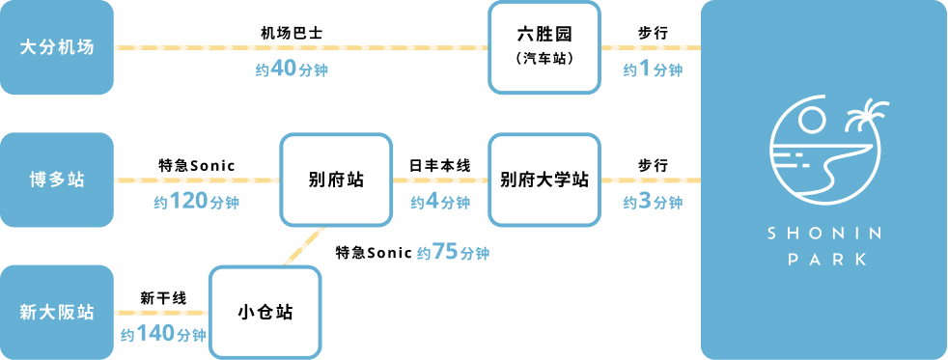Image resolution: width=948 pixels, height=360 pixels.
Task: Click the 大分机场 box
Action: [x=57, y=47]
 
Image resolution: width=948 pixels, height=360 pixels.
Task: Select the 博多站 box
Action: [x=57, y=180]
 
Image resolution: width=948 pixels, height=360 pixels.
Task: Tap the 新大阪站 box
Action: [x=57, y=312]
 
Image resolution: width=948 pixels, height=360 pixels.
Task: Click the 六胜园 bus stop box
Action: [x=544, y=47]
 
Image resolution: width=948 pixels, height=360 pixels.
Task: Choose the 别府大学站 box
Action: [x=544, y=180]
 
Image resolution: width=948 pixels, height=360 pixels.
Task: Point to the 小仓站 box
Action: [x=265, y=312]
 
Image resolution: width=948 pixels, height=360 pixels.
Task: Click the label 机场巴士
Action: [x=292, y=33]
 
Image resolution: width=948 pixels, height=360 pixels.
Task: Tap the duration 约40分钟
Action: [x=293, y=69]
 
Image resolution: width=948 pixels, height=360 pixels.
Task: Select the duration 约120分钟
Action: [x=196, y=202]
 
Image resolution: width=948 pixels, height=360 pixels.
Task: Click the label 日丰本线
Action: [x=440, y=166]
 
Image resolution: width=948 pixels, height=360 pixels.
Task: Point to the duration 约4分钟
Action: [x=440, y=202]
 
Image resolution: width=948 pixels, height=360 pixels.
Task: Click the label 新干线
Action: [x=162, y=298]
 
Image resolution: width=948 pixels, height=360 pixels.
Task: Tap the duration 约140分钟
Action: [x=163, y=335]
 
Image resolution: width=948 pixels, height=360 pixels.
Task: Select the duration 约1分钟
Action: [x=653, y=69]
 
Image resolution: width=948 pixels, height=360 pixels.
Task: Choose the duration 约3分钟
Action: [x=653, y=202]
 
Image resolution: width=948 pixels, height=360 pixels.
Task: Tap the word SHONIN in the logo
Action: [x=823, y=235]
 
